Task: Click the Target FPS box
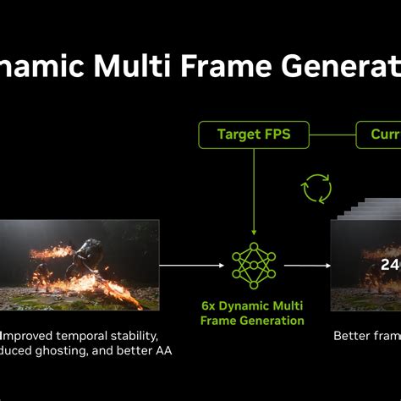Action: [254, 135]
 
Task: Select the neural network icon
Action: [253, 265]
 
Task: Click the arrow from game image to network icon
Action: [192, 265]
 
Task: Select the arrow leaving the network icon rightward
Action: [306, 265]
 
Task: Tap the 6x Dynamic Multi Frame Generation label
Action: [252, 312]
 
